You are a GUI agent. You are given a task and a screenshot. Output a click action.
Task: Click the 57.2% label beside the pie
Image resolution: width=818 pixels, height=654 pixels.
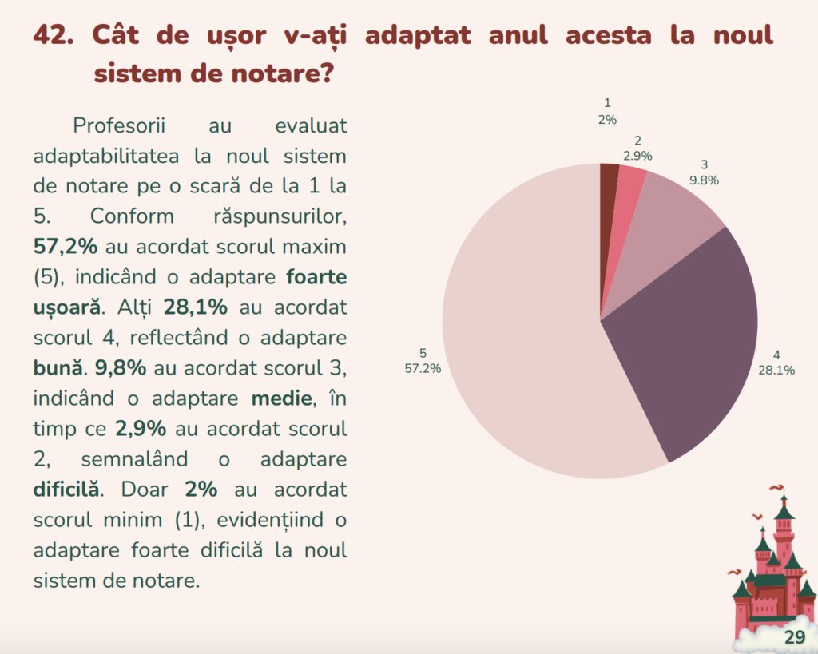[x=423, y=368]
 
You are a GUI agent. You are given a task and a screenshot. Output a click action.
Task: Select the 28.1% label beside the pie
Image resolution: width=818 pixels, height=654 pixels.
[x=776, y=370]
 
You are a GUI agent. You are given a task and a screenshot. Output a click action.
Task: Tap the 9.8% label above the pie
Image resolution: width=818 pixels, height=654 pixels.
[x=704, y=180]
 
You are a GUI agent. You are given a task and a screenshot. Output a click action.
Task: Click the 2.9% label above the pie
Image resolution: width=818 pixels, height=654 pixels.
[x=637, y=156]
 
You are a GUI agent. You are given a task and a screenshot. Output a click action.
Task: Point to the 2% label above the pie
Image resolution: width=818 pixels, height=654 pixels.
[x=607, y=120]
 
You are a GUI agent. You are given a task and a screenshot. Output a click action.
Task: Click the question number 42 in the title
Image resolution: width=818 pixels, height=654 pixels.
[x=53, y=36]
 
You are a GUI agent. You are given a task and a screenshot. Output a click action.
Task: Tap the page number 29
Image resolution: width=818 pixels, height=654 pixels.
[x=794, y=636]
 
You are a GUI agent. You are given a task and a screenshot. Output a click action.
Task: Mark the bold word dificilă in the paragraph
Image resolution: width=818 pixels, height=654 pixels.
[x=67, y=489]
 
